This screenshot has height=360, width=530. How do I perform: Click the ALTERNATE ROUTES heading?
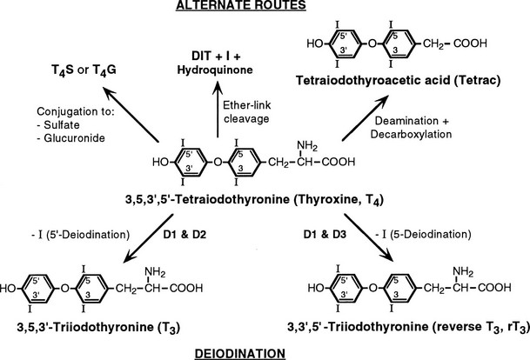[x=241, y=5]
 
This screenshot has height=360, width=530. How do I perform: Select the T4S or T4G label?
[x=84, y=70]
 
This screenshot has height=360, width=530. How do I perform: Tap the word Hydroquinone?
[x=215, y=70]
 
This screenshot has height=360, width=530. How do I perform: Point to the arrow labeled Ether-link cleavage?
[x=218, y=110]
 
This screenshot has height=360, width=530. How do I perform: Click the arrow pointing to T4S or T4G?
[x=131, y=115]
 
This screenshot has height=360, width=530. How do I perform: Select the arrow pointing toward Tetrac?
[x=366, y=118]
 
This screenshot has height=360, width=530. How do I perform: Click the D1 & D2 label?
[x=184, y=235]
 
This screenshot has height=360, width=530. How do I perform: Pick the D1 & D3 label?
[x=325, y=235]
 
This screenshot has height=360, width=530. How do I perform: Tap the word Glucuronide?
[x=74, y=137]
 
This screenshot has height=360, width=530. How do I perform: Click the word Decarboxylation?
[x=411, y=134]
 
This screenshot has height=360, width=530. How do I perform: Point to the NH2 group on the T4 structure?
[x=307, y=147]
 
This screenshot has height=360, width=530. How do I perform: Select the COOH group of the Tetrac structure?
[x=470, y=43]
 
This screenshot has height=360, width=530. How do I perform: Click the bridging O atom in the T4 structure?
[x=218, y=163]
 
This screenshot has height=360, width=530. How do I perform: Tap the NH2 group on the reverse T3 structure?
[x=463, y=272]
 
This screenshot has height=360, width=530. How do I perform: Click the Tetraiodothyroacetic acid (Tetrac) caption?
[x=398, y=81]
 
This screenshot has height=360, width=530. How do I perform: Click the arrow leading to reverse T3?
[x=369, y=237]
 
